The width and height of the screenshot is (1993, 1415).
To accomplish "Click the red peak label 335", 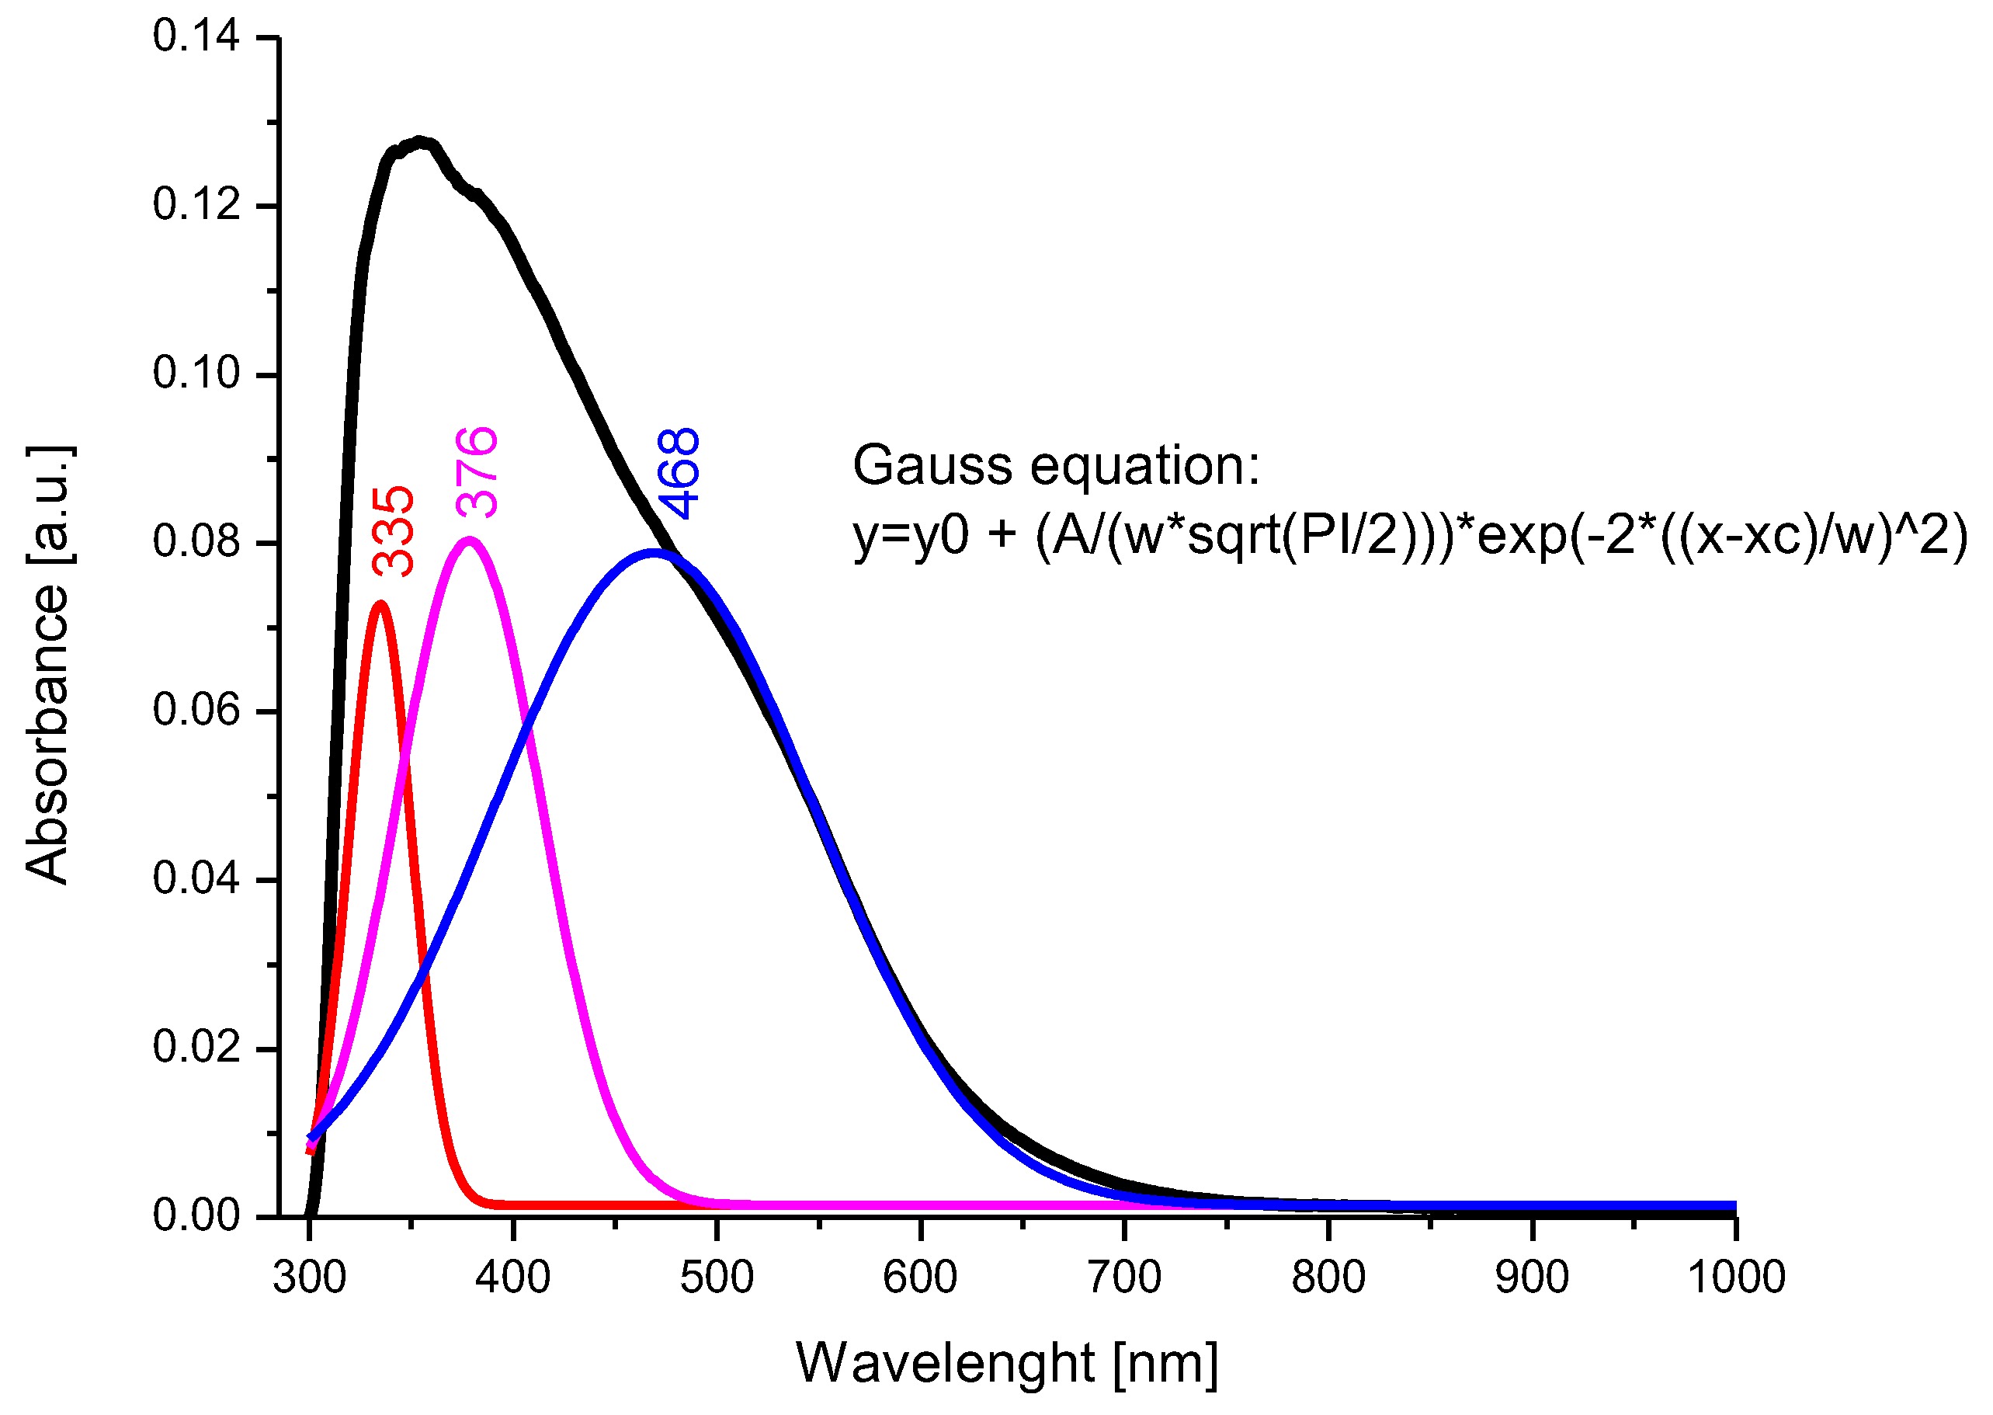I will [393, 530].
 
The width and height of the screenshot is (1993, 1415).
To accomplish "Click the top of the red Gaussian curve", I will [380, 603].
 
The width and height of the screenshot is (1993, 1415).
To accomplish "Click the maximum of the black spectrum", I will [422, 141].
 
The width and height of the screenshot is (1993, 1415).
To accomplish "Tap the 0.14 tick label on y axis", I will [196, 37].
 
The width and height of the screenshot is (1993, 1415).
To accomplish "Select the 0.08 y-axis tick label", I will [196, 541].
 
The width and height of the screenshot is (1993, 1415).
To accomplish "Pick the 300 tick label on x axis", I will [309, 1278].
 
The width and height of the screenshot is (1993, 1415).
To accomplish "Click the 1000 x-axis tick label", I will [1736, 1278].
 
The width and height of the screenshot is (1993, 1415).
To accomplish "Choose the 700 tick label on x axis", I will [1124, 1278].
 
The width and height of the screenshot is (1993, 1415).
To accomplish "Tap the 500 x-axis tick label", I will [717, 1278].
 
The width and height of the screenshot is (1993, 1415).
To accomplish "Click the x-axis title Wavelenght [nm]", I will [1007, 1363].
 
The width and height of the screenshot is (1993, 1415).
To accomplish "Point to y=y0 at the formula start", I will [910, 535].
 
